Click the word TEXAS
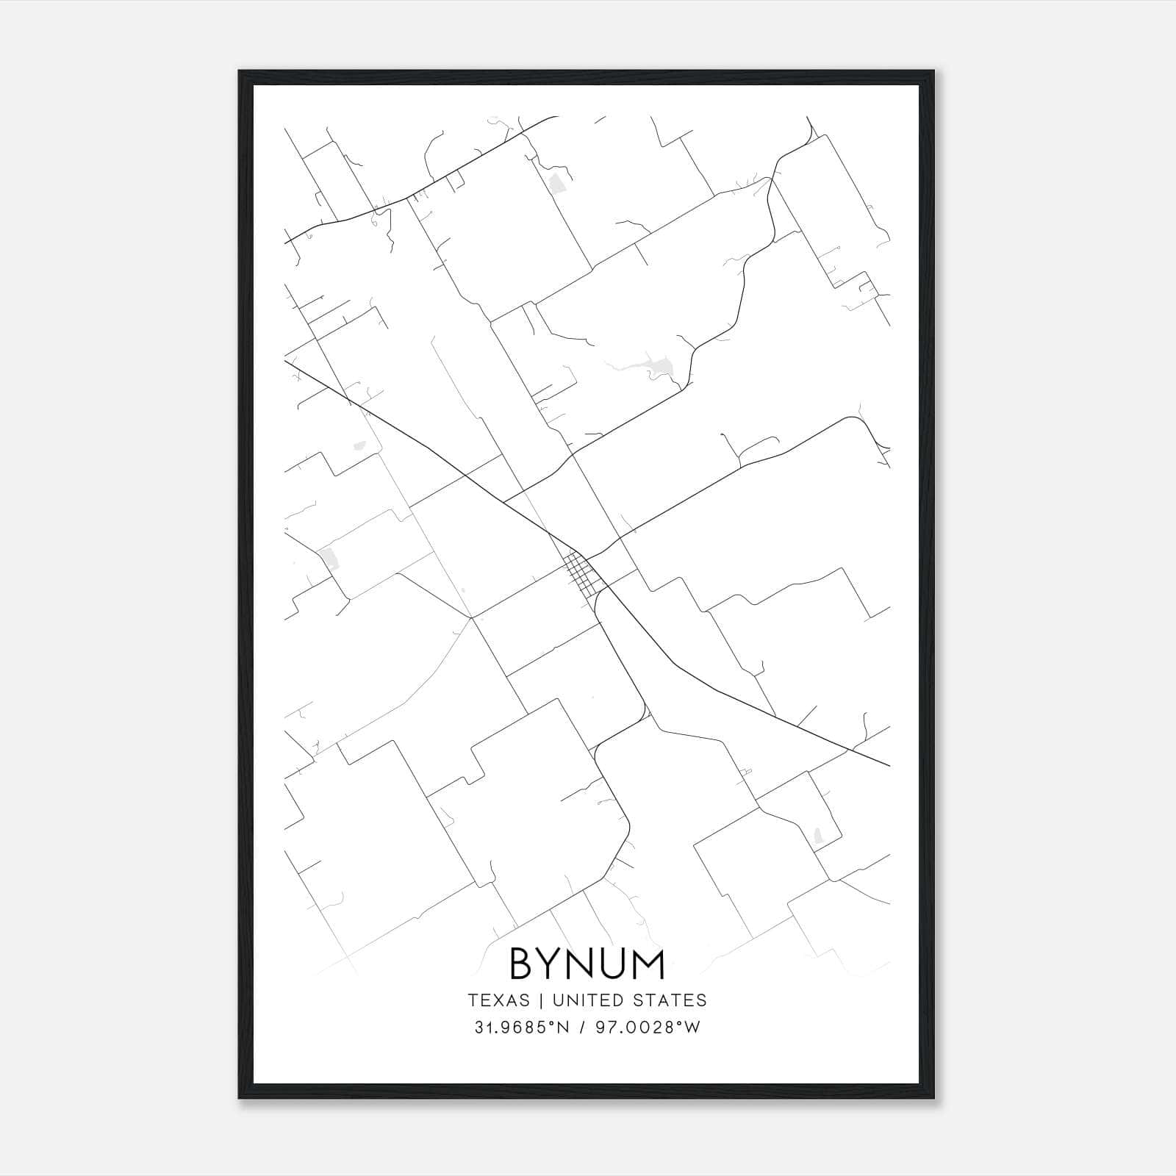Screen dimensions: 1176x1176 [x=498, y=1000]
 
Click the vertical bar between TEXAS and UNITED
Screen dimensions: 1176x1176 [x=541, y=1000]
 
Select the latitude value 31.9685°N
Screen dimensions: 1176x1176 [x=523, y=1028]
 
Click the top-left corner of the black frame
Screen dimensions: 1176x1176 [x=240, y=72]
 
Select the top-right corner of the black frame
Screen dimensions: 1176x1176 [x=933, y=72]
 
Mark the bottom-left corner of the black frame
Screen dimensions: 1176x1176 [x=240, y=1097]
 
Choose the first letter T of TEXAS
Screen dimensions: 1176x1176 [x=472, y=1000]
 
